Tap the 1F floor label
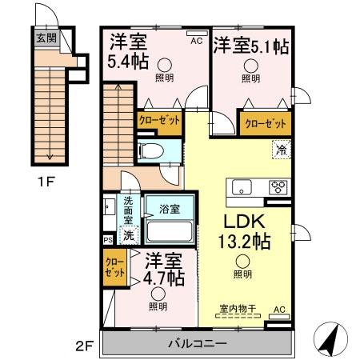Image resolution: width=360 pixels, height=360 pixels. pyautogui.click(x=44, y=182)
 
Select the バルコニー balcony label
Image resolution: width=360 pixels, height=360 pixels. pyautogui.click(x=197, y=343)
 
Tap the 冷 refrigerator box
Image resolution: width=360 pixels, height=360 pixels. pyautogui.click(x=281, y=148)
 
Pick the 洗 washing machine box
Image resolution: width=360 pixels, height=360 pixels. pyautogui.click(x=126, y=236)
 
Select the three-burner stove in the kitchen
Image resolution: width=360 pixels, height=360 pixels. pyautogui.click(x=278, y=188)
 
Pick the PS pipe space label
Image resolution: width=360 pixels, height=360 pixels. pyautogui.click(x=108, y=238)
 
